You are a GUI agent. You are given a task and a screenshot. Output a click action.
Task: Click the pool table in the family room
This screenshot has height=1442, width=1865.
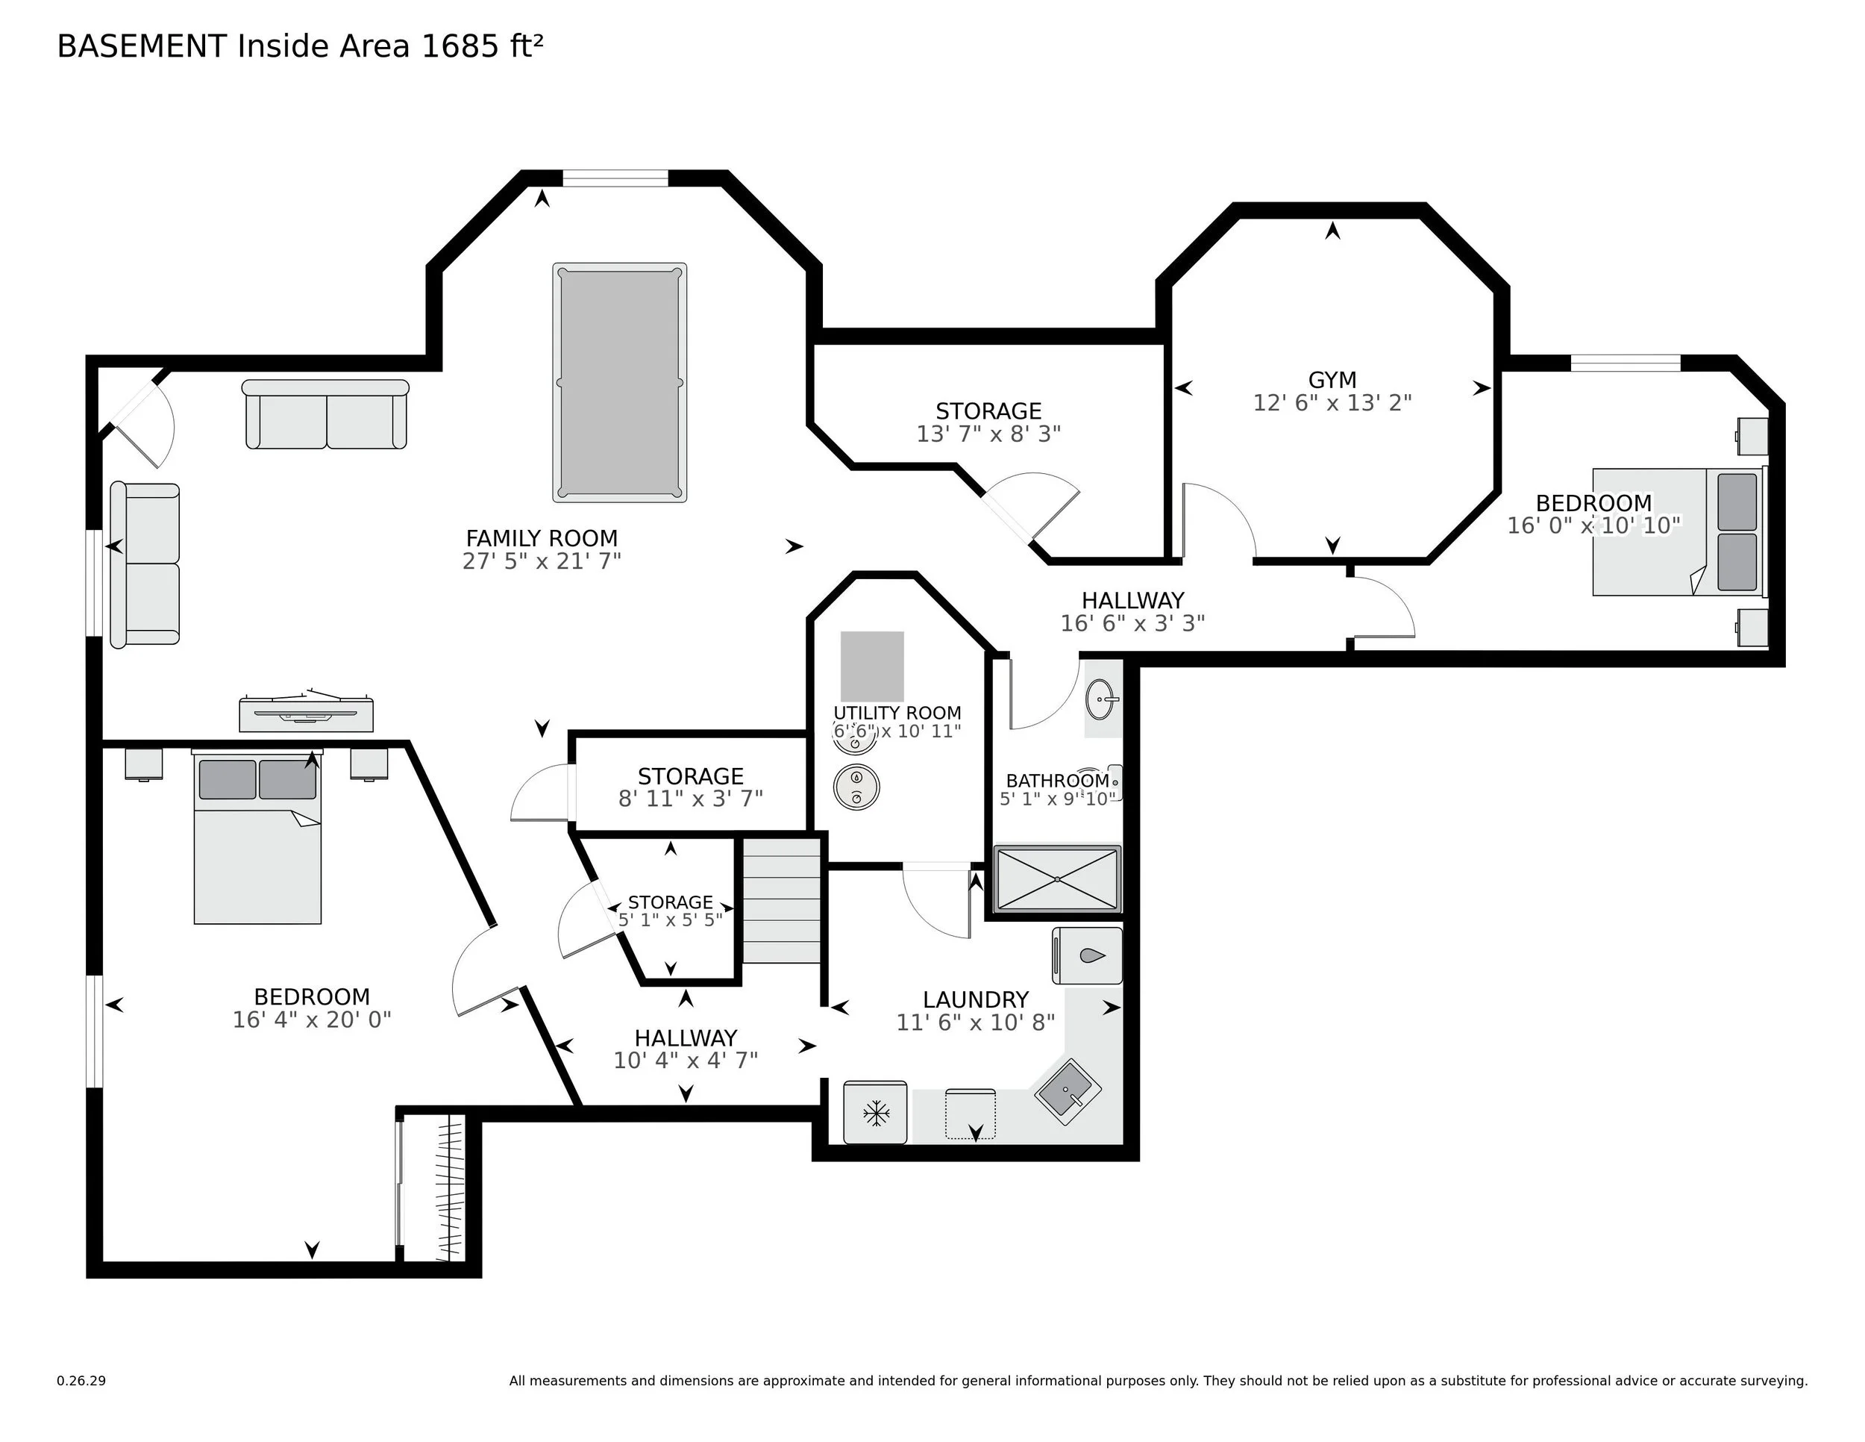pyautogui.click(x=619, y=382)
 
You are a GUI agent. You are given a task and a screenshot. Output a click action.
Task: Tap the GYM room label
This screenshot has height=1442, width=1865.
pyautogui.click(x=1332, y=379)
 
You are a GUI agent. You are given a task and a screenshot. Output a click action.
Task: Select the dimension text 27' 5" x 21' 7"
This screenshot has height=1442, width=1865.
pyautogui.click(x=542, y=561)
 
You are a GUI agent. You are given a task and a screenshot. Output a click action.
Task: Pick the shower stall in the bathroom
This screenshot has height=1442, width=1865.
pyautogui.click(x=1056, y=879)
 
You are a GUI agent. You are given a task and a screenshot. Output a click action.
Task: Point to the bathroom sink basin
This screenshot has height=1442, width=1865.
pyautogui.click(x=1102, y=699)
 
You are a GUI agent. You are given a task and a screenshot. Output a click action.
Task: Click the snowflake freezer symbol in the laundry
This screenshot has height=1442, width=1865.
pyautogui.click(x=875, y=1112)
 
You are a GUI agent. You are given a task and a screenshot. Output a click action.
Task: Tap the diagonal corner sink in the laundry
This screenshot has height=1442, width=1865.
pyautogui.click(x=1068, y=1092)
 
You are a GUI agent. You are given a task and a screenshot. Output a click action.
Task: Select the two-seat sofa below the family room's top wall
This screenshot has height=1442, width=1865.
pyautogui.click(x=325, y=415)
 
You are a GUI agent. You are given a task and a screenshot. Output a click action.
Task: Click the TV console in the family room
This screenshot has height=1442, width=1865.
pyautogui.click(x=306, y=714)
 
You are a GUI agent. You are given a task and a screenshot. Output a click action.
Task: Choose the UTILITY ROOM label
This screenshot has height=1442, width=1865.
pyautogui.click(x=897, y=713)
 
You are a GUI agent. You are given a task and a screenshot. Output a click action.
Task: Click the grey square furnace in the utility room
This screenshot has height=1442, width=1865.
pyautogui.click(x=872, y=667)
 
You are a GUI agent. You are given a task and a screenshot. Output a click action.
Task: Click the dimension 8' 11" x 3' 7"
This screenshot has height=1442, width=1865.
pyautogui.click(x=690, y=799)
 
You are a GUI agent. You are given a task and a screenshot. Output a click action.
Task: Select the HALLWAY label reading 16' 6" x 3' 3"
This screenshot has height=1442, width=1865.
pyautogui.click(x=1132, y=601)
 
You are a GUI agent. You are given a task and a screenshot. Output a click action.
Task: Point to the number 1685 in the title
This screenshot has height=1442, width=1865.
pyautogui.click(x=460, y=46)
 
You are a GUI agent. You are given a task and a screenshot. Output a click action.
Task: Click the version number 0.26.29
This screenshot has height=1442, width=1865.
pyautogui.click(x=81, y=1381)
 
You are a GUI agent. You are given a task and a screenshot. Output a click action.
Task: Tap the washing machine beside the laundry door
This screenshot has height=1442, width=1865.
pyautogui.click(x=1086, y=955)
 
